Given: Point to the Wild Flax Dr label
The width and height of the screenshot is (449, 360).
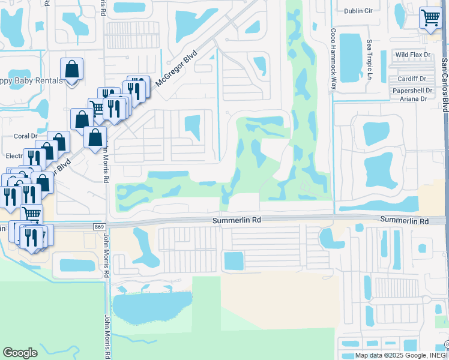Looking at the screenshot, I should pyautogui.click(x=413, y=55).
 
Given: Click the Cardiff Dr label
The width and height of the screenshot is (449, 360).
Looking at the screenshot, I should pyautogui.click(x=411, y=79).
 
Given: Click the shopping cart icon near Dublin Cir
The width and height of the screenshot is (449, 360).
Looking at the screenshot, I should pyautogui.click(x=430, y=17).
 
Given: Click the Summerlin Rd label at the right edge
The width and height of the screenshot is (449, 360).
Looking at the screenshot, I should pyautogui.click(x=405, y=221).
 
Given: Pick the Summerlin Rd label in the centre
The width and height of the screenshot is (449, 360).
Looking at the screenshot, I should pyautogui.click(x=237, y=221).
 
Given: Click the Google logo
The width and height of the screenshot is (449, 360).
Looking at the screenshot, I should pyautogui.click(x=20, y=353).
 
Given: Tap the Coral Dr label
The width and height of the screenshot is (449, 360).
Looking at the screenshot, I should pyautogui.click(x=25, y=136).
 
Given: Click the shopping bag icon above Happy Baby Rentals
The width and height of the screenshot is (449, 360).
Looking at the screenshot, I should pyautogui.click(x=71, y=70).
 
